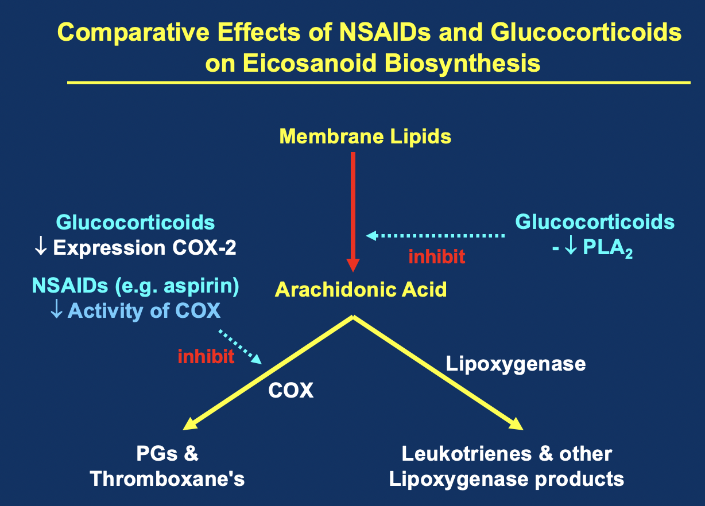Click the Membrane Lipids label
coord(365,137)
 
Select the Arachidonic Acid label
coord(361,289)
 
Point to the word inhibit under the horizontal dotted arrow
coord(436,256)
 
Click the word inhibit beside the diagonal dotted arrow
coord(206,357)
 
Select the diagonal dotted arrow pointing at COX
coord(240,347)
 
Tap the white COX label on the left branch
coord(291,391)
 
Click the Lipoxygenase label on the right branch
coord(516,364)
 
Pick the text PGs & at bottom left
coord(168,454)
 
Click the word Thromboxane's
coord(168,479)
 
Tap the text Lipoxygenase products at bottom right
coord(506,479)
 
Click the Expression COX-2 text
coord(144,248)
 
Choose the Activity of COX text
coord(144,310)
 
